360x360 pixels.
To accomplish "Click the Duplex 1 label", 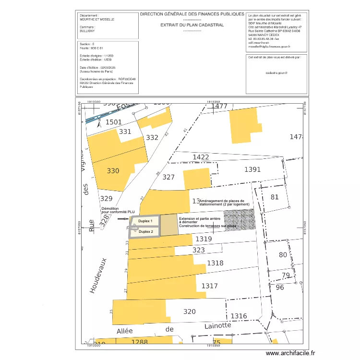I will [x=144, y=221].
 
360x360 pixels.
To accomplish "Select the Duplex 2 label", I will [x=144, y=231].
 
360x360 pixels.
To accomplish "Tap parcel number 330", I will [x=113, y=171].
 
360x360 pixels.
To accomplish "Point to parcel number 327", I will [x=168, y=177].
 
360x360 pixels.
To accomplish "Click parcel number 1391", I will [x=252, y=169].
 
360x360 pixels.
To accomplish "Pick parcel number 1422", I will [x=201, y=157].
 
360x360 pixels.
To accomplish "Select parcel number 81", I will [x=275, y=197].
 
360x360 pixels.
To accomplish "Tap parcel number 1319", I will [x=204, y=239].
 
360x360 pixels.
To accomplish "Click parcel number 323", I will [x=198, y=250].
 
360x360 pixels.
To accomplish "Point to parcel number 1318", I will [x=215, y=263].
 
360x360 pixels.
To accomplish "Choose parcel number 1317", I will [x=209, y=286].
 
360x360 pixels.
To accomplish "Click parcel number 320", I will [x=190, y=312].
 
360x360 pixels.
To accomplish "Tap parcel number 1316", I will [x=239, y=316].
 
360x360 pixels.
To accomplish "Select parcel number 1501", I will [x=114, y=122].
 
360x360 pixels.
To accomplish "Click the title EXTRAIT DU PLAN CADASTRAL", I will [x=192, y=25].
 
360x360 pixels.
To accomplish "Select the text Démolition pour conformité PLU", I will [x=118, y=210].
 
